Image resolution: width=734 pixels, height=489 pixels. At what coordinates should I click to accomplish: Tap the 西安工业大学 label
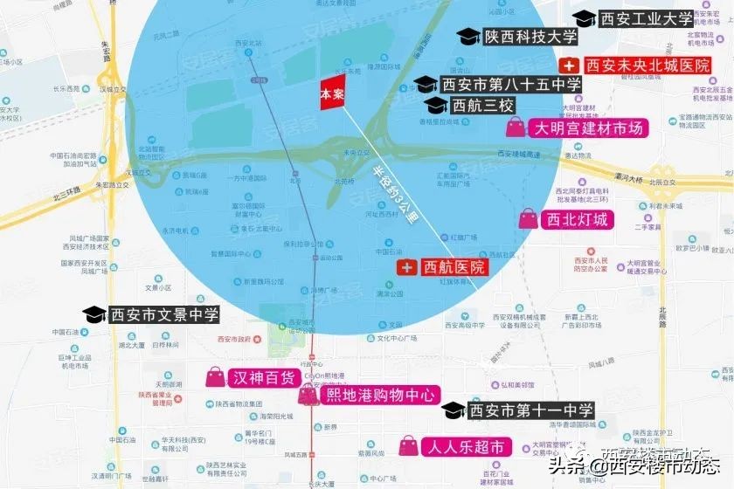[x=646, y=17]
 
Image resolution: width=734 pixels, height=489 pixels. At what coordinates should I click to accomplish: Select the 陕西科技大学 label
[x=531, y=37]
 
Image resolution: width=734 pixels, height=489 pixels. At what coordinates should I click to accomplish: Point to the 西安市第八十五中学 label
[x=511, y=85]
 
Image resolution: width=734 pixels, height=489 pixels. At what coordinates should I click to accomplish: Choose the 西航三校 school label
[x=483, y=105]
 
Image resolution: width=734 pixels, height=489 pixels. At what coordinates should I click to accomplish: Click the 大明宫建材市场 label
[x=589, y=128]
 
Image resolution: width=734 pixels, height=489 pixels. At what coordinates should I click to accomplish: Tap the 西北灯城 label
[x=576, y=218]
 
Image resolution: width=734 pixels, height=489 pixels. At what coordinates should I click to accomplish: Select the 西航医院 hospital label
[x=454, y=267]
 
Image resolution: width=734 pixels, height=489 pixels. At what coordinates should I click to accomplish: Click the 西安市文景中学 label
[x=163, y=314]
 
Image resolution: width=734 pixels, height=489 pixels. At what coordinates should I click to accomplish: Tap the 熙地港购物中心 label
[x=379, y=395]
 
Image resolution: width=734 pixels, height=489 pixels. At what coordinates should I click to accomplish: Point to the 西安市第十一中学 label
[x=531, y=410]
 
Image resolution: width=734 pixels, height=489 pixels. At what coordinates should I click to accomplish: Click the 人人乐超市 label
[x=464, y=447]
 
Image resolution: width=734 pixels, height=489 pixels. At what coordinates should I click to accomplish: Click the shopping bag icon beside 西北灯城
[x=529, y=218]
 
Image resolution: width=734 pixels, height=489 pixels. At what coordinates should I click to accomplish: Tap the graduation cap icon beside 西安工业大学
[x=584, y=18]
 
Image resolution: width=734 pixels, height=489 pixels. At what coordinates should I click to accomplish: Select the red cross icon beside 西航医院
[x=406, y=267]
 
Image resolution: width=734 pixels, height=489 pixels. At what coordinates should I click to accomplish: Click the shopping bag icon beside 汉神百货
[x=214, y=377]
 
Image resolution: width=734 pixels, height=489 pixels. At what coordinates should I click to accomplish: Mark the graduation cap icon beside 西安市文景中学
[x=94, y=314]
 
